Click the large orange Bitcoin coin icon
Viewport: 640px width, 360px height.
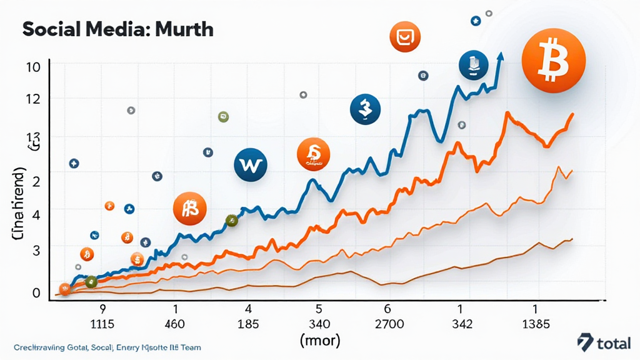click(x=552, y=61)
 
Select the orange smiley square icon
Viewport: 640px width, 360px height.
click(x=405, y=37)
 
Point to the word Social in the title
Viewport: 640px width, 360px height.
click(x=51, y=29)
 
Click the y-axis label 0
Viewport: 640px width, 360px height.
click(x=36, y=292)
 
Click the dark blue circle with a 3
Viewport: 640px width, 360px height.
click(x=365, y=109)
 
